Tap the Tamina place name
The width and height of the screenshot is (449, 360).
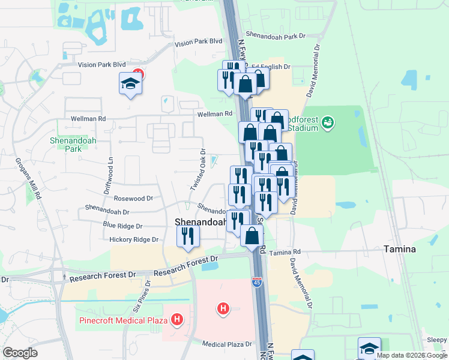[x=401, y=248]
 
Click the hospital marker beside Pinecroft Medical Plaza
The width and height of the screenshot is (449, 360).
[x=176, y=320]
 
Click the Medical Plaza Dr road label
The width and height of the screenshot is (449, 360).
[x=227, y=344]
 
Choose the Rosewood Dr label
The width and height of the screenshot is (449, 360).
[x=133, y=197]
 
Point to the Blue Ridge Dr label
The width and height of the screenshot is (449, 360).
[x=122, y=226]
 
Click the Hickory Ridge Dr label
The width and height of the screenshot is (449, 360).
[x=133, y=239]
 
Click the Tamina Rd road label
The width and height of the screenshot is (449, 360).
[x=284, y=253]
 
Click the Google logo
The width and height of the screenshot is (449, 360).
[x=20, y=353]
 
